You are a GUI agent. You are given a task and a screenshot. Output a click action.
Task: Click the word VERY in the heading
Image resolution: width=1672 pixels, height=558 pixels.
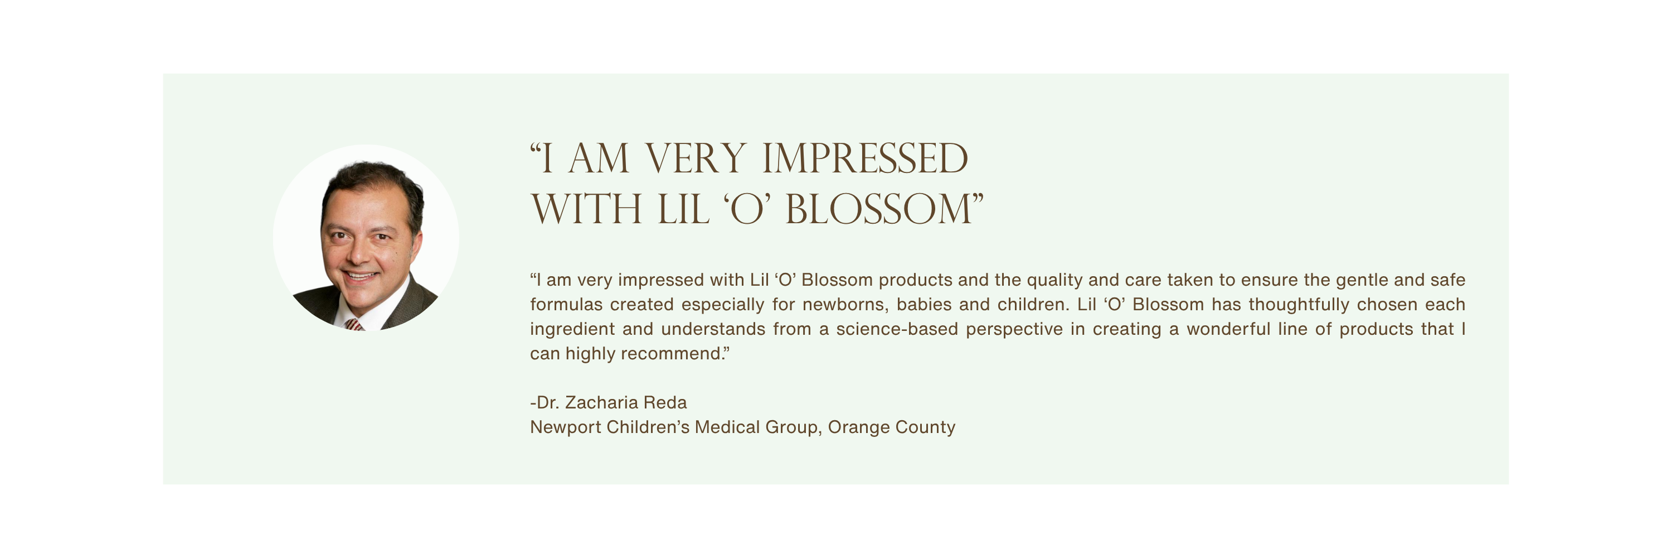[695, 158]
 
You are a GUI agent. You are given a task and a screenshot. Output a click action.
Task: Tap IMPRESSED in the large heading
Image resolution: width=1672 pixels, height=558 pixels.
[865, 158]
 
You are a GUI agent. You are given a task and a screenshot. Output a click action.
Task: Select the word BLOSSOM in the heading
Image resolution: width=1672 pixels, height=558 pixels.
[879, 209]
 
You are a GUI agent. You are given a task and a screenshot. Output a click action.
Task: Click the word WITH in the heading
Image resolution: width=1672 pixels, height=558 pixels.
[587, 209]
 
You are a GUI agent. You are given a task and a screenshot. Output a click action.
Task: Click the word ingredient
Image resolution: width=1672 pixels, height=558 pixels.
[572, 329]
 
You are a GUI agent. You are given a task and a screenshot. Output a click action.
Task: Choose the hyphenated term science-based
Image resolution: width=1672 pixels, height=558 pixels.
[897, 329]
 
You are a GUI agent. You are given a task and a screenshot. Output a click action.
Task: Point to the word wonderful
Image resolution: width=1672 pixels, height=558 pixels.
[1229, 329]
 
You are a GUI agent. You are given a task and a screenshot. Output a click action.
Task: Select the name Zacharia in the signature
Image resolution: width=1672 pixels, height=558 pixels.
[602, 403]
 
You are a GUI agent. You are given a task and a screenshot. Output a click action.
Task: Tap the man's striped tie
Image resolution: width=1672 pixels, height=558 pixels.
[354, 324]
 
